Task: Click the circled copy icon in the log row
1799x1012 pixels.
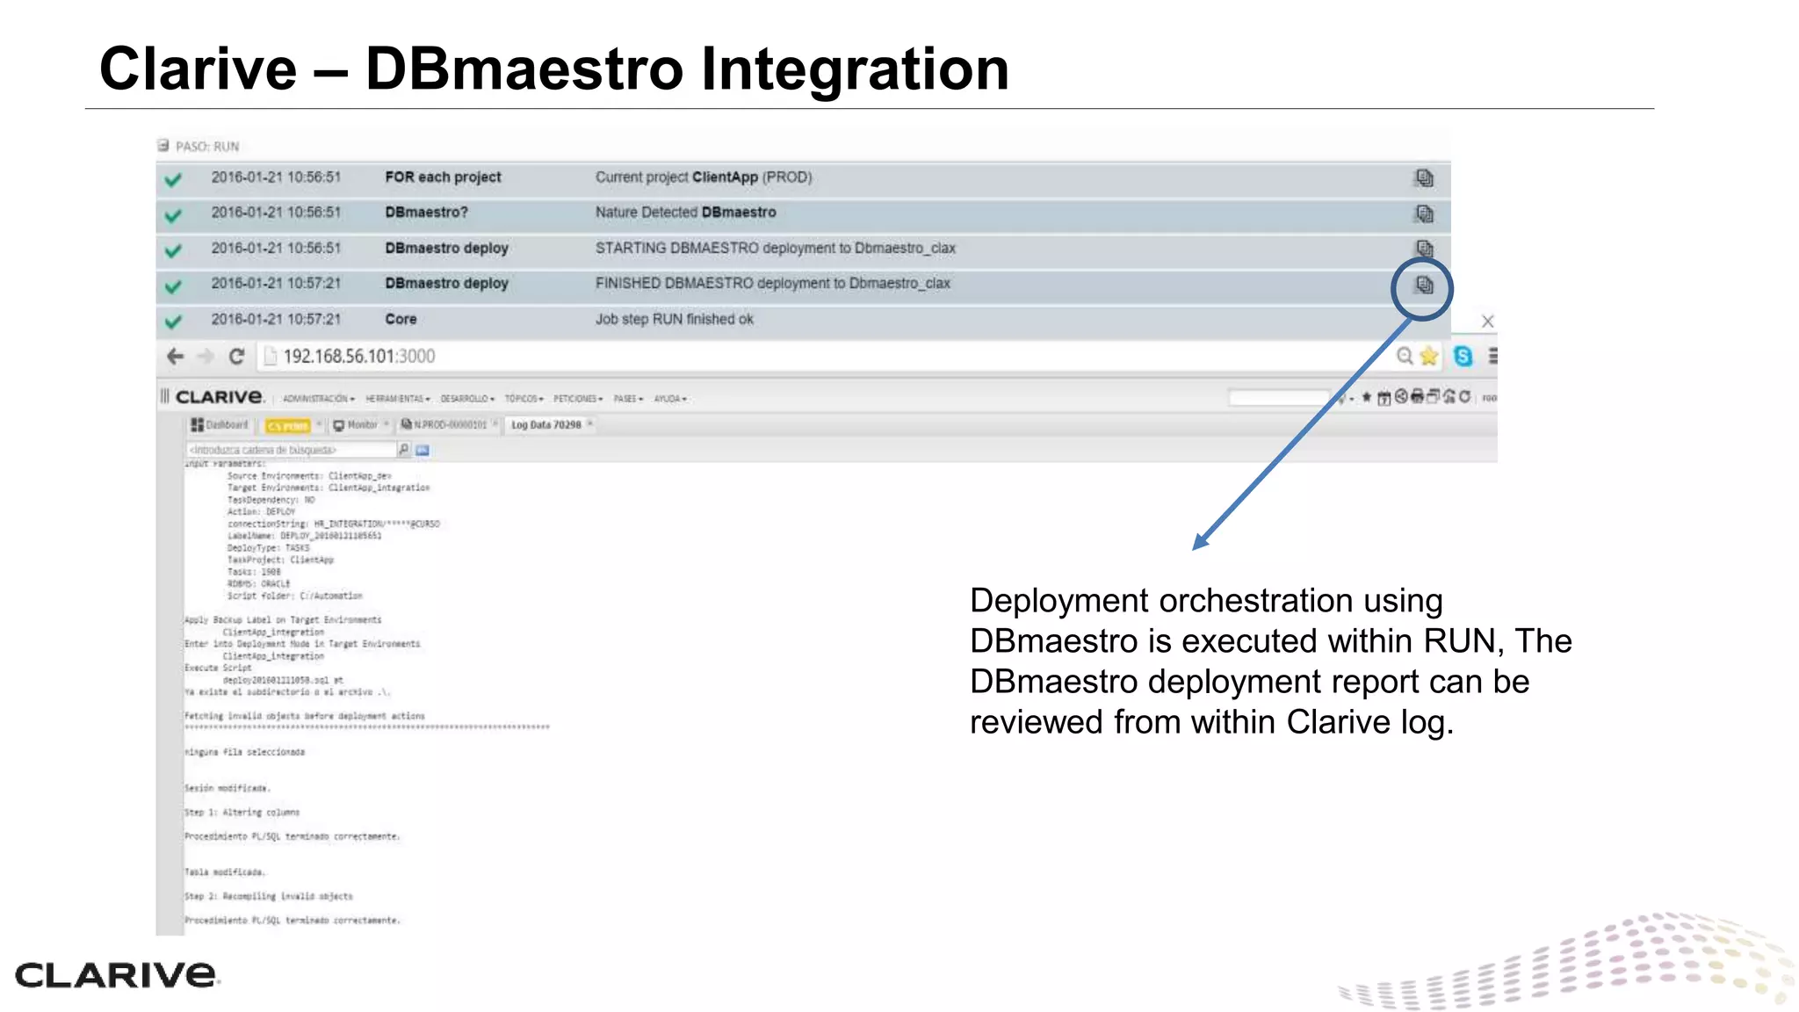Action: tap(1423, 286)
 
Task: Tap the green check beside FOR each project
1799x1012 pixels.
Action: tap(173, 180)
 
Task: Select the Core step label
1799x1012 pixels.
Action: tap(401, 319)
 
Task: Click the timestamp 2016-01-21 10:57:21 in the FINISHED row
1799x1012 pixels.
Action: tap(275, 284)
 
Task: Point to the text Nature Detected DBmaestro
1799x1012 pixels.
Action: tap(685, 213)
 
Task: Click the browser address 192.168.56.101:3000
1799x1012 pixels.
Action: tap(358, 356)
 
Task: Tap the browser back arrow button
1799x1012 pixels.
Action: tap(175, 356)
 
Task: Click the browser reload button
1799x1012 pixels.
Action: tap(236, 356)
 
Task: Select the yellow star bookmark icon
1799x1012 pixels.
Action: tap(1429, 356)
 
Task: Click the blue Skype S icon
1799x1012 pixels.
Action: tap(1463, 356)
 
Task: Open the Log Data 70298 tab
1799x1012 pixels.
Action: tap(545, 425)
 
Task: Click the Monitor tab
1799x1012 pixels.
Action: tap(361, 425)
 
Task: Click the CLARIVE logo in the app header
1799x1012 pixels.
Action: tap(219, 397)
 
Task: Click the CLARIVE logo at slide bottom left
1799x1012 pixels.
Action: tap(115, 974)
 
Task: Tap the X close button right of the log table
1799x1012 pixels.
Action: tap(1487, 321)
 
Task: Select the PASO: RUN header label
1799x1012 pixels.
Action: tap(207, 147)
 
